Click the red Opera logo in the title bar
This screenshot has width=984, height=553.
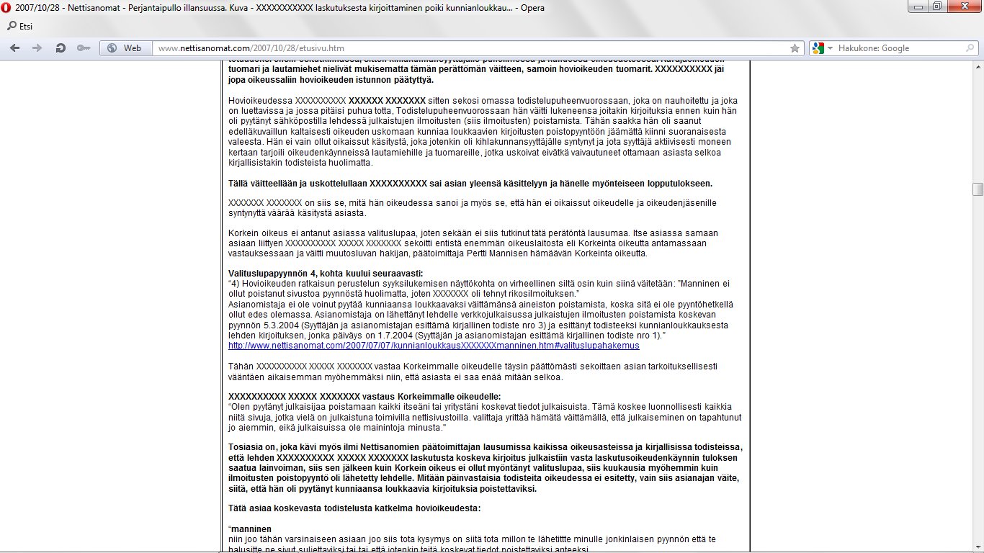pos(7,8)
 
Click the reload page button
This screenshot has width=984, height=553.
pos(61,48)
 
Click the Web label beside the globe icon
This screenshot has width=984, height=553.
pos(133,48)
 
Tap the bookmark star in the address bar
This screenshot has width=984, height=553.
pos(795,48)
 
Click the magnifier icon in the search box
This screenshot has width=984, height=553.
pos(969,48)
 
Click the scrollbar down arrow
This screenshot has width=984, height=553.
pos(978,547)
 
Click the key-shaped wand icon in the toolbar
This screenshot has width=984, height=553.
pos(84,48)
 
